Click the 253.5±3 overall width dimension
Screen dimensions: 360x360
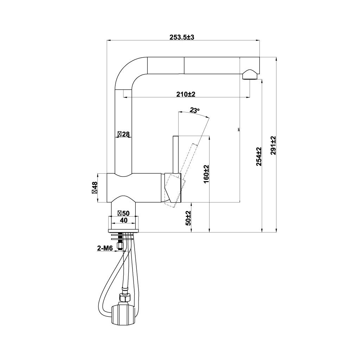pos(182,37)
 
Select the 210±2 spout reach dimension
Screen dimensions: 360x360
pos(186,94)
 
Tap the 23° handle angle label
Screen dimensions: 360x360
pos(194,110)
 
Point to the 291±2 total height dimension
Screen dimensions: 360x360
pos(273,145)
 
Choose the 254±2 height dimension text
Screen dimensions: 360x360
pos(259,156)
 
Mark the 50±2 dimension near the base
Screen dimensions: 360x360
pos(188,218)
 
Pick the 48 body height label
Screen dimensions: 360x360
pos(94,188)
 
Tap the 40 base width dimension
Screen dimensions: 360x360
pos(123,220)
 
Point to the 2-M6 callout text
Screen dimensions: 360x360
pos(104,249)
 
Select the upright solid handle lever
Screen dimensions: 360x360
pos(175,155)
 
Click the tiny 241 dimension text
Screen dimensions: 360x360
pos(239,129)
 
